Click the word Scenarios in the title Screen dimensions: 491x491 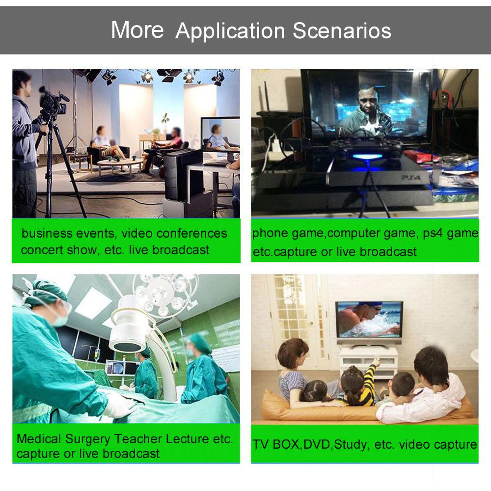[342, 30]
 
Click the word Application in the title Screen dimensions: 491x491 [230, 31]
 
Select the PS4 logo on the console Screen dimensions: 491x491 [411, 178]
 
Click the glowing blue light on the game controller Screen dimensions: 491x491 [367, 156]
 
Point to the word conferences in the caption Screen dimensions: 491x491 [191, 233]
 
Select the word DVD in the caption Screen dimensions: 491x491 [317, 445]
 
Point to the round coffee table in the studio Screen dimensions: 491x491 [121, 164]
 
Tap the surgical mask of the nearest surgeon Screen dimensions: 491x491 [61, 319]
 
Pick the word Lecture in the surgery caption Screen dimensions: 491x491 [187, 439]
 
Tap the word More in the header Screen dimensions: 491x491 [137, 30]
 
